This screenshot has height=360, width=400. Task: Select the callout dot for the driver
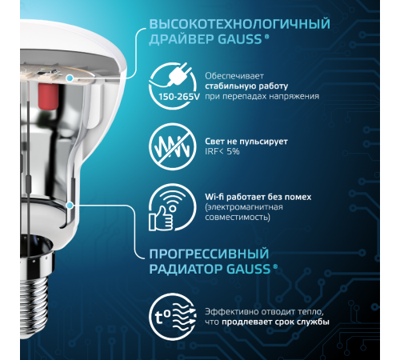(71, 78)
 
